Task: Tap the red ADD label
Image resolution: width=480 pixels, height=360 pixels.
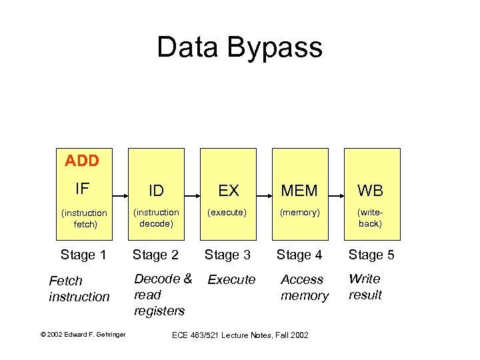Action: tap(81, 161)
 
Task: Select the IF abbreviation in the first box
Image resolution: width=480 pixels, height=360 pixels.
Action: tap(82, 189)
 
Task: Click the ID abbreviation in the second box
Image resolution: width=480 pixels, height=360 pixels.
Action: tap(156, 191)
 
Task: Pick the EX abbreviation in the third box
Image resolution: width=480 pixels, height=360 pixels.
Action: tap(228, 191)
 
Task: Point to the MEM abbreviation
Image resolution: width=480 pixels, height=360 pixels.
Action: tap(299, 191)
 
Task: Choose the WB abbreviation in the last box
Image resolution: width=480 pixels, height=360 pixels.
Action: tap(370, 191)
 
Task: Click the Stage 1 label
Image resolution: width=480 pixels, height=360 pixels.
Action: tap(83, 254)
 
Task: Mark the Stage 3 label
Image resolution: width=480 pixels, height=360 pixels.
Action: tap(227, 254)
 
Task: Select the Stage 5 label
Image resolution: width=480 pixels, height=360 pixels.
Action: tap(371, 254)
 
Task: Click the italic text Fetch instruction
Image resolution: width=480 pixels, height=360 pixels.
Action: tap(79, 289)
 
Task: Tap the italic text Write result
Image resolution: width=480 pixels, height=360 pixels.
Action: tap(365, 287)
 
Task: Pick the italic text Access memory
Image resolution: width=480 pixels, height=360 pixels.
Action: tap(305, 287)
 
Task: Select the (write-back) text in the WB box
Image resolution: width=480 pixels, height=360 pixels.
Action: tap(370, 218)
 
